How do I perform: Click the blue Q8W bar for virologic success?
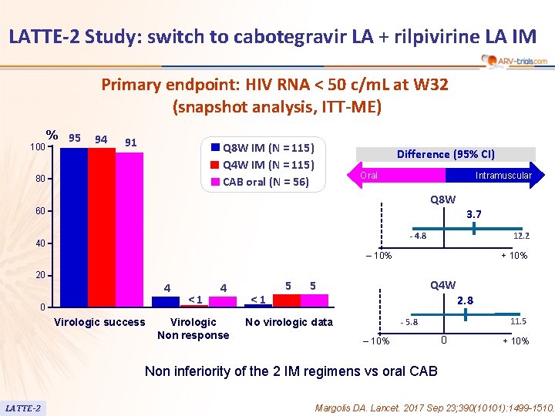(74, 227)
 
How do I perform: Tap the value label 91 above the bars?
(131, 142)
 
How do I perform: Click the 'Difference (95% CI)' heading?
(446, 154)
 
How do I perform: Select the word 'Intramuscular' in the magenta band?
(503, 176)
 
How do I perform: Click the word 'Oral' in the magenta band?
(369, 176)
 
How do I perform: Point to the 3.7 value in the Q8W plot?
(474, 213)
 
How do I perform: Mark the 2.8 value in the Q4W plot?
(466, 300)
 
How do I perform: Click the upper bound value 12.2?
(522, 236)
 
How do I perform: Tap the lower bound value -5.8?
(409, 322)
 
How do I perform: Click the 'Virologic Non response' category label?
(193, 328)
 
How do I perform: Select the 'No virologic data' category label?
(288, 322)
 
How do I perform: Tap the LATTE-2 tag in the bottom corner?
(23, 408)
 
